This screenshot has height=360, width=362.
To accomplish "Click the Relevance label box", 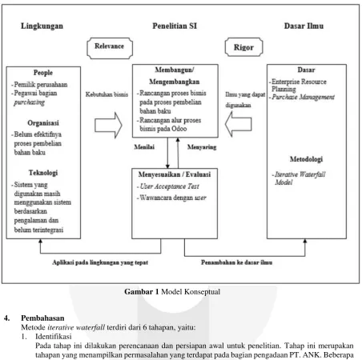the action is pyautogui.click(x=110, y=48).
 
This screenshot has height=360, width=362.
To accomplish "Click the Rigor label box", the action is pyautogui.click(x=243, y=47).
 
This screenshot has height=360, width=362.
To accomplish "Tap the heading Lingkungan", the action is pyautogui.click(x=42, y=26).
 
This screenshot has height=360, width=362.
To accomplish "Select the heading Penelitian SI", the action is pyautogui.click(x=175, y=26).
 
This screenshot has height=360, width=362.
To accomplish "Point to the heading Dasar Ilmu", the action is pyautogui.click(x=304, y=26).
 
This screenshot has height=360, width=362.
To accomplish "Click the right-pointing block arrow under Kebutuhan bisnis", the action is pyautogui.click(x=108, y=125).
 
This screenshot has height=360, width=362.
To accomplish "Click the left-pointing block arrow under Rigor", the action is pyautogui.click(x=238, y=124).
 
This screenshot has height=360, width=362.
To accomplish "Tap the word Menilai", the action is pyautogui.click(x=144, y=147).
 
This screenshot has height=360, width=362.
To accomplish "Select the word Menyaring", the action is pyautogui.click(x=202, y=147).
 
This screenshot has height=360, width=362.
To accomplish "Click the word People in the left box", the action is pyautogui.click(x=43, y=73).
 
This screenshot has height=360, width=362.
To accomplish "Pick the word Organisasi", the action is pyautogui.click(x=43, y=123).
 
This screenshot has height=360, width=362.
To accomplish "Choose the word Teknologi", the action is pyautogui.click(x=43, y=173).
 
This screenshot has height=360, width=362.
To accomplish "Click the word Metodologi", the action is pyautogui.click(x=306, y=159).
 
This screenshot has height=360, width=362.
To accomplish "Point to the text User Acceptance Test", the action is pyautogui.click(x=170, y=186).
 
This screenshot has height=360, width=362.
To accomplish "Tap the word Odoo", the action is pyautogui.click(x=179, y=129).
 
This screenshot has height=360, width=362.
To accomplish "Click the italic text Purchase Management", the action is pyautogui.click(x=303, y=97).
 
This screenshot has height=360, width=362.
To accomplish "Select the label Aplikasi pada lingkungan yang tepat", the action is pyautogui.click(x=100, y=262).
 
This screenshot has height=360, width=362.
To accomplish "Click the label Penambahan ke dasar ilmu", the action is pyautogui.click(x=236, y=262).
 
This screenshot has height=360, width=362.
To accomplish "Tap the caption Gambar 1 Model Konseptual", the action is pyautogui.click(x=172, y=292).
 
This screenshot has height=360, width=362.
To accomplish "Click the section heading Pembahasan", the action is pyautogui.click(x=42, y=318).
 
